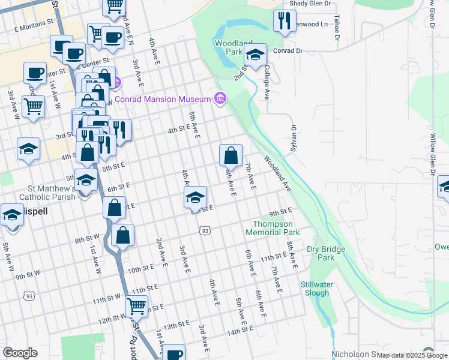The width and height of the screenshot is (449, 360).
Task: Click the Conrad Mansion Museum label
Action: pos(163,99)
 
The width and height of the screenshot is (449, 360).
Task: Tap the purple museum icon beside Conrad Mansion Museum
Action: pos(220,98)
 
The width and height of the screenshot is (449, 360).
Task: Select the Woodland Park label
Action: pos(228,47)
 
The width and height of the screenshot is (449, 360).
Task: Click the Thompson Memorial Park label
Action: pos(273,228)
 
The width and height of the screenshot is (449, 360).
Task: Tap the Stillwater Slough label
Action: pos(315,289)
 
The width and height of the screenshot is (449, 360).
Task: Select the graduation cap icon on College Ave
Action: pos(256,55)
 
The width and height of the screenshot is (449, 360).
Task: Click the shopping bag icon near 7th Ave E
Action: pos(231,156)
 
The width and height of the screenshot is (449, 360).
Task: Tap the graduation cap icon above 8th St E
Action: pos(195,197)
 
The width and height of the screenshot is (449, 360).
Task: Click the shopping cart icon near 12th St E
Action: pos(137,306)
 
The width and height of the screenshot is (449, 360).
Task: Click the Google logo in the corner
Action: pos(20,353)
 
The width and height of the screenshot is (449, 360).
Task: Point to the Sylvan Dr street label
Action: pos(294,138)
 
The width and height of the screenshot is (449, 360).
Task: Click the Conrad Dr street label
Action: pos(288,51)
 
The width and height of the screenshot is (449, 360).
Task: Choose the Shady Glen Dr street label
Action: pos(310,4)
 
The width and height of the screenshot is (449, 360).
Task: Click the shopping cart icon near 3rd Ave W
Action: pos(34,107)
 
